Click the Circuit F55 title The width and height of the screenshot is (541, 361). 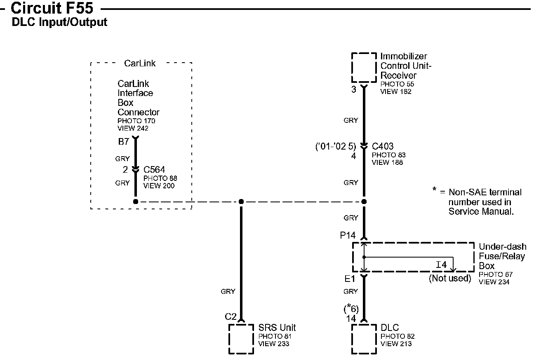pos(52,8)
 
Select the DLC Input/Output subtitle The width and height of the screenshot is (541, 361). pos(59,22)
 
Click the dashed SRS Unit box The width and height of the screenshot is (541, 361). pos(241,339)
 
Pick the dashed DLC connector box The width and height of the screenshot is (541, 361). pos(364,339)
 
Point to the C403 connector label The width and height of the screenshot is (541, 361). pos(383,146)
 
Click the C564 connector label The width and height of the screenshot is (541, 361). pos(154,169)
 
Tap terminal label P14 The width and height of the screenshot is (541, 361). pos(348,235)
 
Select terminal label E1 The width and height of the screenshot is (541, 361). pos(350,279)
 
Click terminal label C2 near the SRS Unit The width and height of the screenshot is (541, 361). pos(231,317)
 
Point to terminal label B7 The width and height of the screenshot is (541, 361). pos(124,142)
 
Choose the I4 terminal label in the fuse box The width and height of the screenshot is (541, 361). pos(442,265)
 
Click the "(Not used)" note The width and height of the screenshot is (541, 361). pos(449,278)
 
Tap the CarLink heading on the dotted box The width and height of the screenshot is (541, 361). pos(140,63)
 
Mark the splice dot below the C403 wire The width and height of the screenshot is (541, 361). pos(364,202)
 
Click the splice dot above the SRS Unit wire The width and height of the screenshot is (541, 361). pos(241,202)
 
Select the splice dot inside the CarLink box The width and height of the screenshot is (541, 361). pos(135,202)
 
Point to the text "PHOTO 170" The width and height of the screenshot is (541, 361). pos(136,121)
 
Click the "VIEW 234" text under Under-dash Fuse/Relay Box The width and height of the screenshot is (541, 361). pos(494,282)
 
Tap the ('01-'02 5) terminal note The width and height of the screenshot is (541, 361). pos(335,146)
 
